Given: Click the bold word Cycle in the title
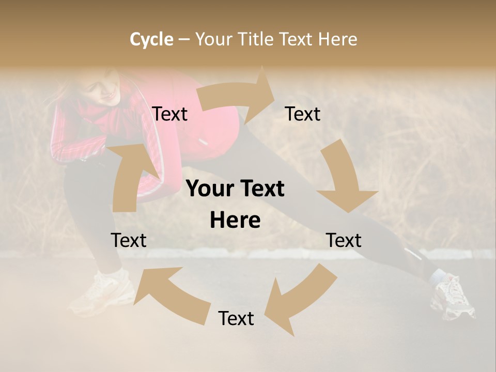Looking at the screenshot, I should point(151,39).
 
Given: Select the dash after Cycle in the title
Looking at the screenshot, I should point(184,39).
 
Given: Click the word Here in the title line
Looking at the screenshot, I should point(338,39).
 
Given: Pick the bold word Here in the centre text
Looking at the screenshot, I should point(235,221).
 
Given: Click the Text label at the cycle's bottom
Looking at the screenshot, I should point(236,319).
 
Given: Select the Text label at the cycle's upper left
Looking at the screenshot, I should point(169,114).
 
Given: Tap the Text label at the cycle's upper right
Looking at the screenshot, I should point(303,114).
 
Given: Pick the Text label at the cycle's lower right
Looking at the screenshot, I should point(344,240).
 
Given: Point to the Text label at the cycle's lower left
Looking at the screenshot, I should point(129,240).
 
